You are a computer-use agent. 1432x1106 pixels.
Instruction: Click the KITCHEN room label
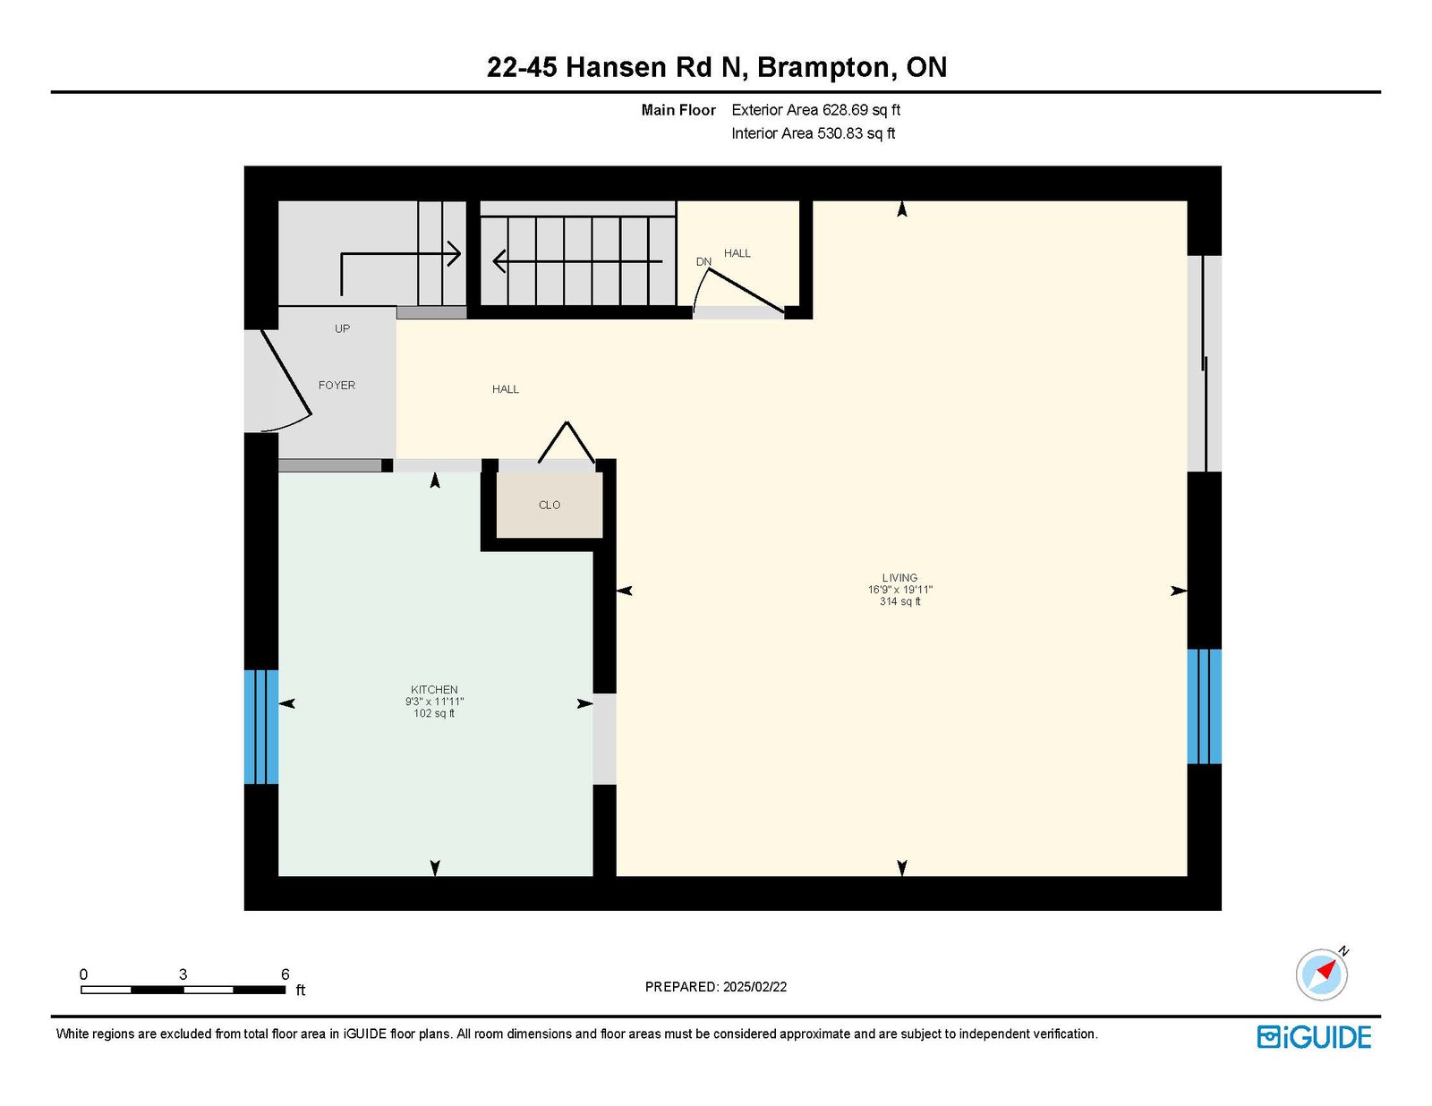(433, 689)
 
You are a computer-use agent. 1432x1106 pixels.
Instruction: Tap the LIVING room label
(899, 577)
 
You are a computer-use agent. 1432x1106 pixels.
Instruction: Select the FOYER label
(337, 386)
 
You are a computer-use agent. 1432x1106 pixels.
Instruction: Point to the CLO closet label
(549, 506)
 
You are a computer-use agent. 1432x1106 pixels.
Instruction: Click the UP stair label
(342, 328)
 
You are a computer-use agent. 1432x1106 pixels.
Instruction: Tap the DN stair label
(703, 261)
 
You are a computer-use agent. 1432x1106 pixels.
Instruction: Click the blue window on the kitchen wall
(261, 727)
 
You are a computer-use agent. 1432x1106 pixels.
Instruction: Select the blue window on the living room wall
(1204, 706)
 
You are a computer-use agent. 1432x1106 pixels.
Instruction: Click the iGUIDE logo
(1313, 1037)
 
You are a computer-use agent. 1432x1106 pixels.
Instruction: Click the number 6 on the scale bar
(286, 974)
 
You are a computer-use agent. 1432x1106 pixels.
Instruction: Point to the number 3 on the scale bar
(183, 974)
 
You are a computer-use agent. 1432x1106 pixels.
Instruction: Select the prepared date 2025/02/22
(754, 987)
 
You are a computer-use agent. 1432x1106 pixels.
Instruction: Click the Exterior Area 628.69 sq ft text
(816, 110)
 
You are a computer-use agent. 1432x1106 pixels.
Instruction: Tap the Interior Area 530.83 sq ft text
(814, 133)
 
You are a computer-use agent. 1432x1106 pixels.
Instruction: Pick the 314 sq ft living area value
(899, 601)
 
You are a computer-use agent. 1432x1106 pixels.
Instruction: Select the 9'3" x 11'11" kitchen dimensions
(434, 702)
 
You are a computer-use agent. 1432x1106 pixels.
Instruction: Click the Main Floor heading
(678, 110)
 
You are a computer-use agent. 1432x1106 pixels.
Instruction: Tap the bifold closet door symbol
(567, 442)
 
